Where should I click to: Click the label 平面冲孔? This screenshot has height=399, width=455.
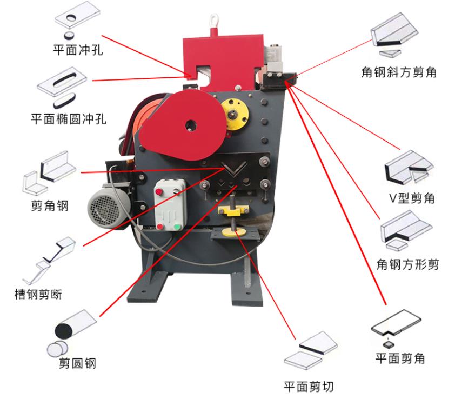78,51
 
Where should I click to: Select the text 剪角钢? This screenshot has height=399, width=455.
50,205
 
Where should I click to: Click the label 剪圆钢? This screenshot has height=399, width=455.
77,363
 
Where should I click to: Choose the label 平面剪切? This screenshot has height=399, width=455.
309,386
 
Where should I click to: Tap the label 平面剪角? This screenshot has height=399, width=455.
400,358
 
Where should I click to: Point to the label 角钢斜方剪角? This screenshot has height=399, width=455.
399,71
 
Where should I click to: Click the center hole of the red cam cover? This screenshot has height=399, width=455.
190,125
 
